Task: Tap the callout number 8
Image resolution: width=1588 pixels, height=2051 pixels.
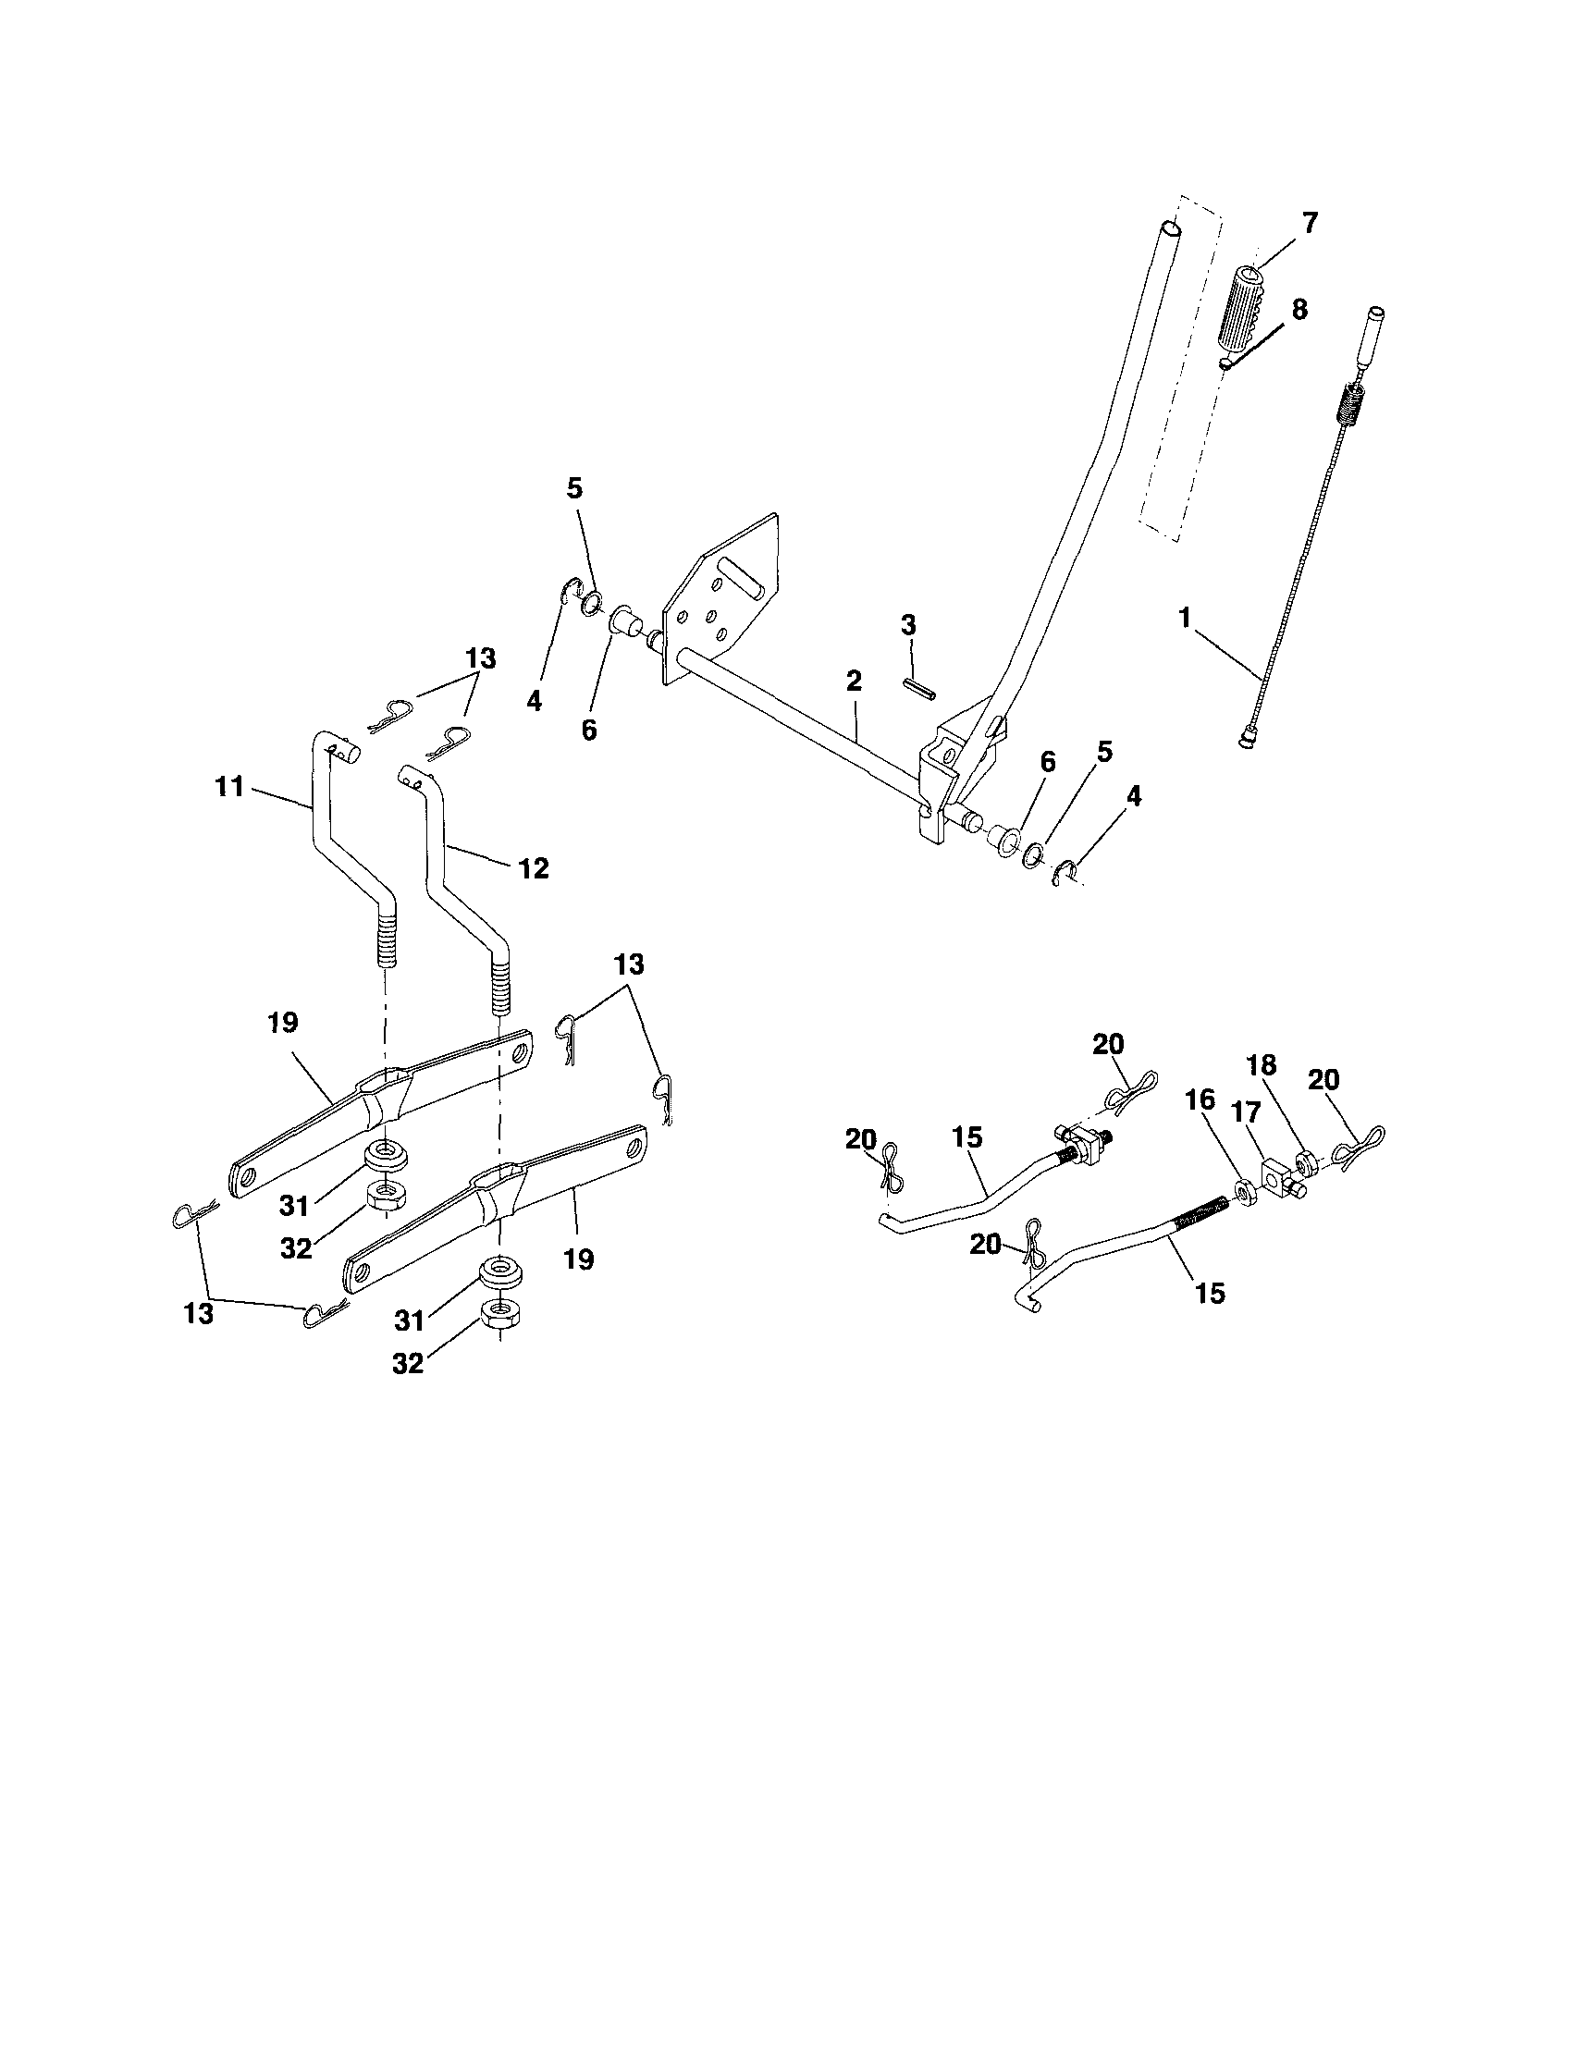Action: coord(1299,309)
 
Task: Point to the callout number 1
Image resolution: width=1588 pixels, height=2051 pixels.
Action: coord(1185,617)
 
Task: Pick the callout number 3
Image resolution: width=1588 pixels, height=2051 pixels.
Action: coord(908,625)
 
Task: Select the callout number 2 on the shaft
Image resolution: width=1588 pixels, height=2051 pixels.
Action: coord(853,681)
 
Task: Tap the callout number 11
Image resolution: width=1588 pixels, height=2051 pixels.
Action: coord(229,786)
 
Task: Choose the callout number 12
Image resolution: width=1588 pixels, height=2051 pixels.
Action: coord(534,868)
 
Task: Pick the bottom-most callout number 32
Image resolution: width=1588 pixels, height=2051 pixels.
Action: coord(407,1364)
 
